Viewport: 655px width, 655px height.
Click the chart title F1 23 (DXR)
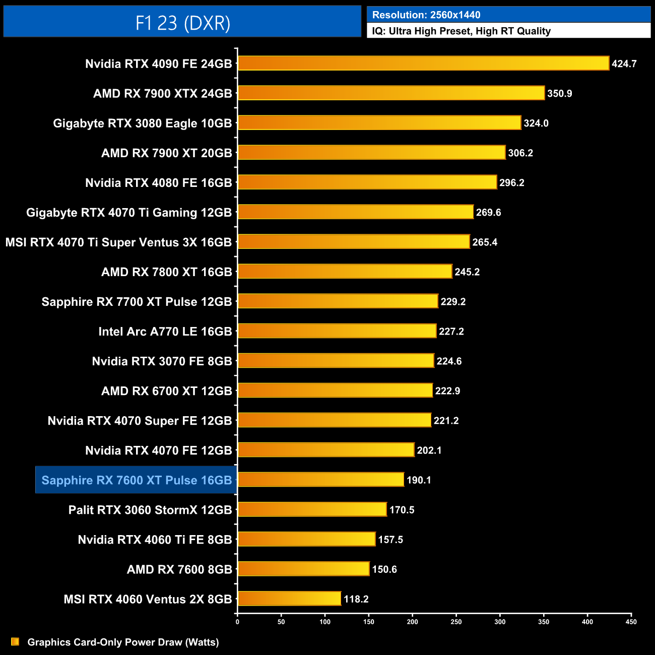pyautogui.click(x=182, y=23)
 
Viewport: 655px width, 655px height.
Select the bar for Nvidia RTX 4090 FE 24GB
pyautogui.click(x=423, y=63)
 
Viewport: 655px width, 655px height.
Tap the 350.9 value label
pyautogui.click(x=559, y=94)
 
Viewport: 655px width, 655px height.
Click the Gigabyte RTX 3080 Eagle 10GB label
pyautogui.click(x=143, y=123)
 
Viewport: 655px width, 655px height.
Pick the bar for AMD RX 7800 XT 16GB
pyautogui.click(x=345, y=272)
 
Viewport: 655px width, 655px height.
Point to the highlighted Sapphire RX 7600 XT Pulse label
pyautogui.click(x=137, y=480)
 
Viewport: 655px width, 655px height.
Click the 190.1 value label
pyautogui.click(x=419, y=480)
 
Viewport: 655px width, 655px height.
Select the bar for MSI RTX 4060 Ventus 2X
pyautogui.click(x=290, y=599)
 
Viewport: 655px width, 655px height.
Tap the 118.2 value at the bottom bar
pyautogui.click(x=356, y=599)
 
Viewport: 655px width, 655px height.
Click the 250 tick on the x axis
pyautogui.click(x=456, y=622)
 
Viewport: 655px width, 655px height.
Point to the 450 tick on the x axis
pyautogui.click(x=631, y=622)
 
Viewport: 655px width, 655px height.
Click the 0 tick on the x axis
pyautogui.click(x=237, y=622)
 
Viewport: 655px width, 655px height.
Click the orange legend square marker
pyautogui.click(x=15, y=642)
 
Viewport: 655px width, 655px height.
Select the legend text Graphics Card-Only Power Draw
pyautogui.click(x=123, y=642)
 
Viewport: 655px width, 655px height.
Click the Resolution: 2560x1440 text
pyautogui.click(x=426, y=15)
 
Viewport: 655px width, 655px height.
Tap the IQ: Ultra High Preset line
pyautogui.click(x=461, y=31)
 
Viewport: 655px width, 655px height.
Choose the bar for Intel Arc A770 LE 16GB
pyautogui.click(x=337, y=331)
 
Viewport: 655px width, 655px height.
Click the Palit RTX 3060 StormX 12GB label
pyautogui.click(x=150, y=510)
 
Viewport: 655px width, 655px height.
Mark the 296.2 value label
pyautogui.click(x=511, y=183)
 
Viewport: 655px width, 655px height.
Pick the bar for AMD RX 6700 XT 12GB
pyautogui.click(x=335, y=390)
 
